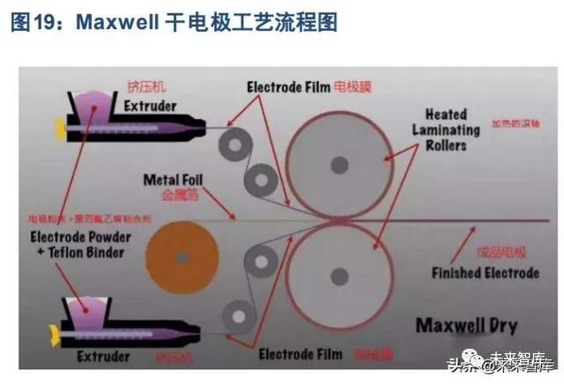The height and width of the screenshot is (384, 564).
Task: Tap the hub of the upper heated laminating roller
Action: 339,165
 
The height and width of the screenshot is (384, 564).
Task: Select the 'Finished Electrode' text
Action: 485,273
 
